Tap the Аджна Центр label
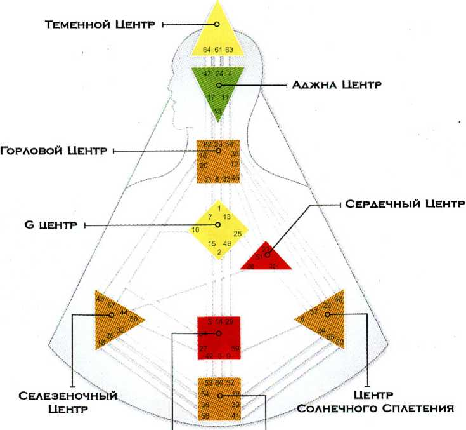click(336, 84)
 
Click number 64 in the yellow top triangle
click(207, 50)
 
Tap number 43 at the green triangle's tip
click(217, 111)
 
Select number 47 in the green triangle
click(207, 74)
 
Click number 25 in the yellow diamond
click(237, 234)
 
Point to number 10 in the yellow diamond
click(196, 229)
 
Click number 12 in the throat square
click(234, 163)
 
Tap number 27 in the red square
click(203, 348)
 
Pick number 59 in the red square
click(235, 348)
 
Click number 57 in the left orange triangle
click(111, 306)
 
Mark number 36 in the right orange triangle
click(338, 299)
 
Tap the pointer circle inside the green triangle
click(218, 84)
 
